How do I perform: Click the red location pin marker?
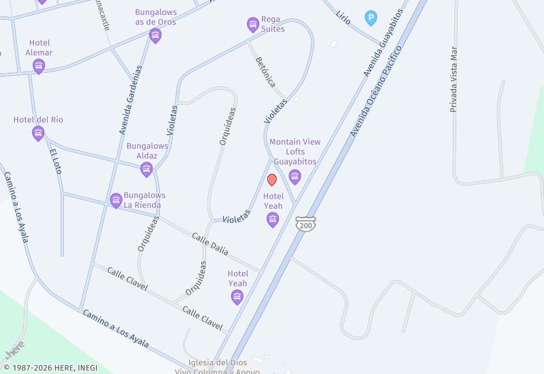point(272,180)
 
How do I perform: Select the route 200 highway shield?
point(306,224)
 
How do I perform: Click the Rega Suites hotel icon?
point(253,25)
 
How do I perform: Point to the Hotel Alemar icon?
point(39,66)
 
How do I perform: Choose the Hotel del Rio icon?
point(38,133)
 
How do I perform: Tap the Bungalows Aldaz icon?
point(146,169)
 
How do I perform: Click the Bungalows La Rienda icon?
point(116,201)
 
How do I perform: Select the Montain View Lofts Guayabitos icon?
point(294,177)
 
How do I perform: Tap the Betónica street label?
point(265,71)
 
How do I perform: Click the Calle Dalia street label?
point(209,244)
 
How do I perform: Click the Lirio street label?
point(343,17)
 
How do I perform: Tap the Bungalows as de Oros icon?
point(155,35)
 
